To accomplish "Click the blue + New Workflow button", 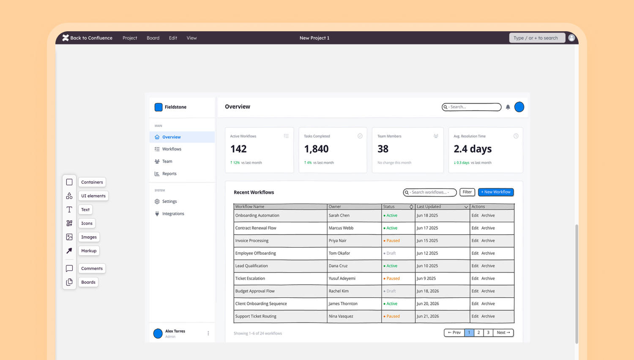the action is click(496, 192).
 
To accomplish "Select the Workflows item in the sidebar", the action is click(172, 149).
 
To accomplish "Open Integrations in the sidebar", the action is click(173, 214).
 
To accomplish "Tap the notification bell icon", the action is click(508, 107).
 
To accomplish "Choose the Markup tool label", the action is click(89, 251).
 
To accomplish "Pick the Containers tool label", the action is click(92, 182).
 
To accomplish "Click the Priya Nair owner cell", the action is click(354, 240).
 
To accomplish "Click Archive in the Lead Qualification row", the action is click(488, 266).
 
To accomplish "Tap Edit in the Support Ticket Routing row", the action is click(475, 316).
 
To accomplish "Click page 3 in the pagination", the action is click(488, 333).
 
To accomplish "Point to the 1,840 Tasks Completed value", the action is click(316, 149).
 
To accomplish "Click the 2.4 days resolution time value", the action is click(473, 149).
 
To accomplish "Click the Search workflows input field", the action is click(430, 192).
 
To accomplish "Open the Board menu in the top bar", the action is click(153, 38).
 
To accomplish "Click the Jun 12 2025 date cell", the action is click(427, 253).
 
